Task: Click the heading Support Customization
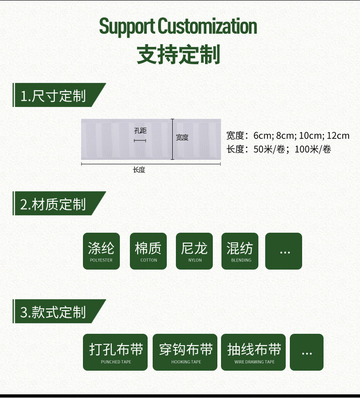click(x=178, y=27)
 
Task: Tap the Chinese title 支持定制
click(x=178, y=55)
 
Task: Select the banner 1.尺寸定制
click(x=59, y=95)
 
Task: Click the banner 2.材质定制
click(x=59, y=203)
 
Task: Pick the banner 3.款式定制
click(x=59, y=311)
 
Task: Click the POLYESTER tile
click(x=101, y=251)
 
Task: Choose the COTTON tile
click(x=148, y=251)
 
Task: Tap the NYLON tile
click(x=194, y=251)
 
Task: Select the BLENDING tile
click(x=240, y=251)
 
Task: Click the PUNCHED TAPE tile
click(x=115, y=352)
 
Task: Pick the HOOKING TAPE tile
click(x=185, y=352)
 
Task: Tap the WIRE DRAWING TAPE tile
click(x=253, y=352)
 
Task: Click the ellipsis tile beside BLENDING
click(x=284, y=251)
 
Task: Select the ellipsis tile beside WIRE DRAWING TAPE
click(x=307, y=352)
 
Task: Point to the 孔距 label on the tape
click(x=140, y=131)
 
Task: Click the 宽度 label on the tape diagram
click(x=182, y=138)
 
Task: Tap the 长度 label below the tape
click(x=139, y=170)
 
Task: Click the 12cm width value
click(x=338, y=136)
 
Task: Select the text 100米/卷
click(x=313, y=149)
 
